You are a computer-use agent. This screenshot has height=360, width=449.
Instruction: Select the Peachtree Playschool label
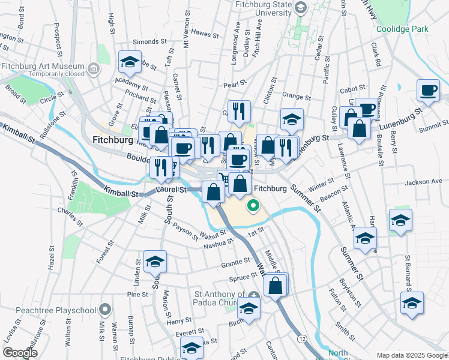(48, 310)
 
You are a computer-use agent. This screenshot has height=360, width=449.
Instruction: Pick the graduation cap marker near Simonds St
(129, 61)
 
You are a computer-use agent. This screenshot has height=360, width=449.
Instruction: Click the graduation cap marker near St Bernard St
(412, 302)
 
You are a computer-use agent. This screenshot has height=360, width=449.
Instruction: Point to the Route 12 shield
(301, 339)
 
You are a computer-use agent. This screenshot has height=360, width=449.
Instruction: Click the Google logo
(20, 353)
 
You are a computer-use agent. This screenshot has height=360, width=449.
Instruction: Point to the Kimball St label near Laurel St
(120, 194)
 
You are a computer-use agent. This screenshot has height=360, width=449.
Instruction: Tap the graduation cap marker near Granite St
(155, 261)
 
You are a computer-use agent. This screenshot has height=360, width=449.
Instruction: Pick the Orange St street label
(296, 97)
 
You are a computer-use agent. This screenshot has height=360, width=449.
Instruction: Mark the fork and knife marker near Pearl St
(240, 110)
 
